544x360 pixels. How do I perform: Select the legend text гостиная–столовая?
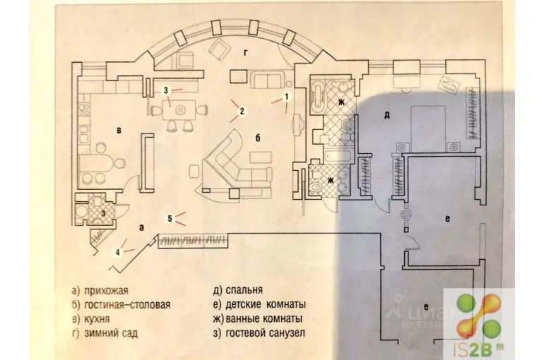(x=121, y=305)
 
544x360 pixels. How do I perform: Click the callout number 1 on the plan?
(x=286, y=95)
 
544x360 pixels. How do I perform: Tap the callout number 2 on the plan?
(x=242, y=111)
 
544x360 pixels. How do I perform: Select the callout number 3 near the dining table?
(x=165, y=90)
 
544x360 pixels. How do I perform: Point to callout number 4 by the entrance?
(x=119, y=251)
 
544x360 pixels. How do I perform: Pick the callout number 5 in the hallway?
(x=170, y=217)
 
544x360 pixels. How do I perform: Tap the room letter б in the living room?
(x=259, y=138)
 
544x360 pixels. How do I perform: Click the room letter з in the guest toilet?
(x=103, y=211)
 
